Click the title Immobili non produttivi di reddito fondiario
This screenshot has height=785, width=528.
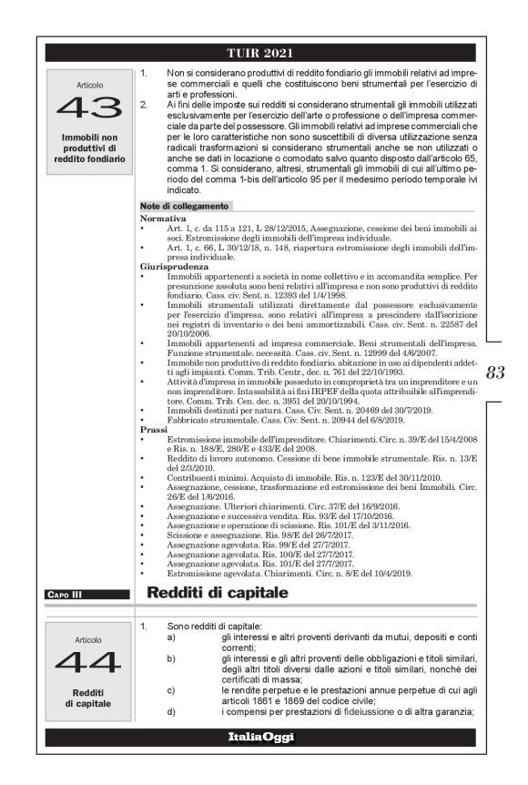[x=89, y=148]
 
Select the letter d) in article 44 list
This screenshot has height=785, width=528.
[x=171, y=711]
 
